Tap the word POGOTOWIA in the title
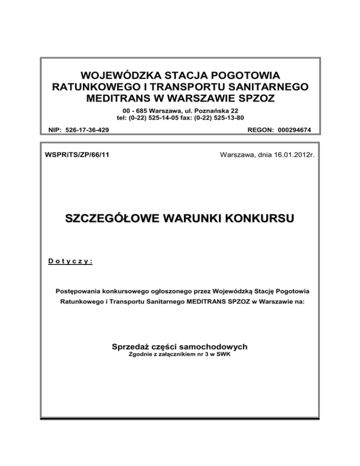[x=246, y=75]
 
